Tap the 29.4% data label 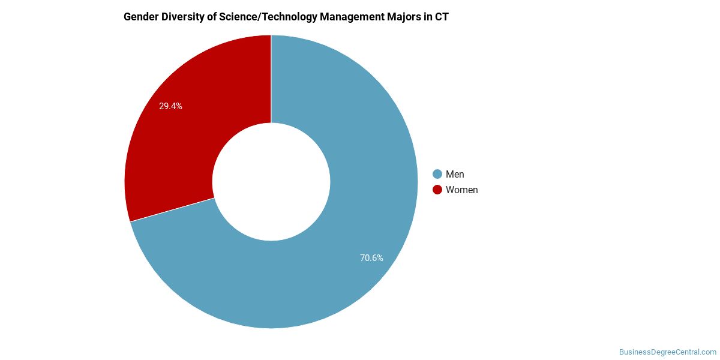[170, 106]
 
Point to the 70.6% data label [371, 258]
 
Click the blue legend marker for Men [437, 174]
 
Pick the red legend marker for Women [437, 190]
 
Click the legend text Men [455, 174]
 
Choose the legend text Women [461, 190]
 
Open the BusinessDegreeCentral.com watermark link [668, 352]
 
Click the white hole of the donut [271, 182]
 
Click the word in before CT [427, 17]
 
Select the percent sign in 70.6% [380, 258]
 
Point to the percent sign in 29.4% [179, 106]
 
